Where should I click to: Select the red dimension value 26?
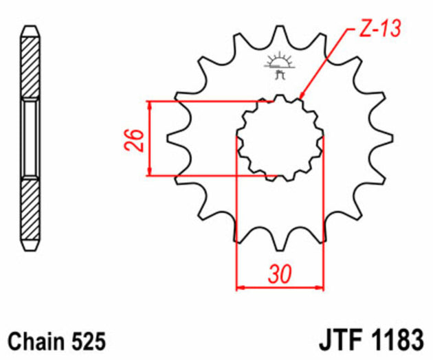[x=137, y=139]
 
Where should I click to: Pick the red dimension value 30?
[x=280, y=275]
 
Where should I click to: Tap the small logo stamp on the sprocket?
[x=279, y=62]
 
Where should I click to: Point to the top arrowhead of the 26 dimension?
[x=149, y=105]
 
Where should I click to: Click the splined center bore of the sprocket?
[x=280, y=137]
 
